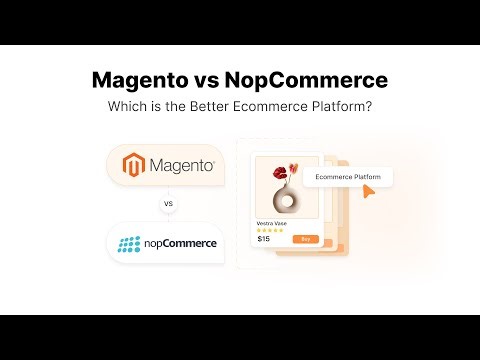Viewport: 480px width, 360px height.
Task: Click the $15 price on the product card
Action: click(x=264, y=239)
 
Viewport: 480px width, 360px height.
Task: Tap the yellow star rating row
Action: click(x=268, y=229)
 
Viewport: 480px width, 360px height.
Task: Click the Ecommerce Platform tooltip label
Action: click(x=349, y=177)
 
